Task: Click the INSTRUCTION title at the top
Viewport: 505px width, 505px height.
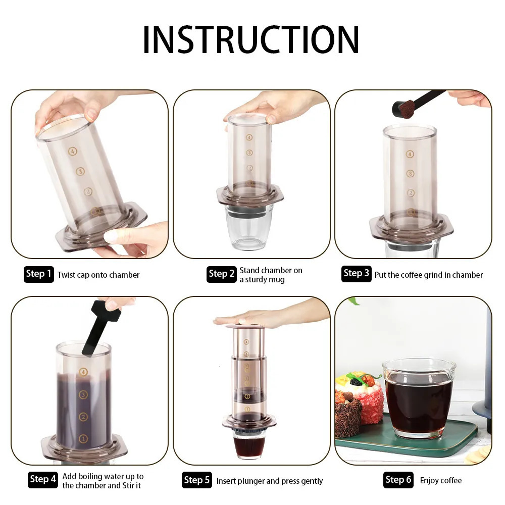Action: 251,39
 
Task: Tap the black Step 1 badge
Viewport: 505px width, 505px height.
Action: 38,274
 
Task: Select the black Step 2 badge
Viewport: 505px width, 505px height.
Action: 221,274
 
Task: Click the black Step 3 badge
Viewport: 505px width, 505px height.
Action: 356,273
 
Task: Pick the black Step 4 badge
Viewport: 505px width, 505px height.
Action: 43,479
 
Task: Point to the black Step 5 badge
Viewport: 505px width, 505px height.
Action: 196,480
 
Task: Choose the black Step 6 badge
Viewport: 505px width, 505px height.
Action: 398,479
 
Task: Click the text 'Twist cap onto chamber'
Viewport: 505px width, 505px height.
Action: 98,275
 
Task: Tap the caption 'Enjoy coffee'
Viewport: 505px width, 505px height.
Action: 441,480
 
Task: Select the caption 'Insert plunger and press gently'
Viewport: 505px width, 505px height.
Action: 270,481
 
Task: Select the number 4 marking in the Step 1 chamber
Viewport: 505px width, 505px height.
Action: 73,151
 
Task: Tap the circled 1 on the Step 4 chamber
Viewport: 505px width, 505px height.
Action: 83,438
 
